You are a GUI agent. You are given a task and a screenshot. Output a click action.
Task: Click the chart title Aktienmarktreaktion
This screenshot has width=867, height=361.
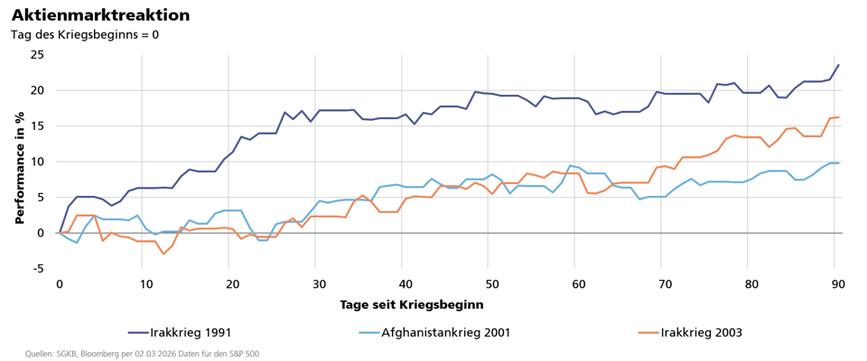(100, 15)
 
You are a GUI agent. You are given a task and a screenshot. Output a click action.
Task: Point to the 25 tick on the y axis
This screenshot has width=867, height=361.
(37, 55)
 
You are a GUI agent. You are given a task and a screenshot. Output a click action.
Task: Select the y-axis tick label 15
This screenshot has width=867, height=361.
(37, 126)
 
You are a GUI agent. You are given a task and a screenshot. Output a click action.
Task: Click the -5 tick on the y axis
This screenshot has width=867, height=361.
(37, 268)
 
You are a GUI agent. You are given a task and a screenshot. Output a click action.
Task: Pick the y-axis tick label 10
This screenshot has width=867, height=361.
(37, 162)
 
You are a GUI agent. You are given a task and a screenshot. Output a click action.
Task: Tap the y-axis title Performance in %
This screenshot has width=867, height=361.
(20, 164)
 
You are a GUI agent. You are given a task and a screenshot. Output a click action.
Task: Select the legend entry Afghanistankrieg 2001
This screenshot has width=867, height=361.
(445, 333)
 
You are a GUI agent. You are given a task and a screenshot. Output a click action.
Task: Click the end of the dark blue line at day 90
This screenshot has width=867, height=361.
(838, 65)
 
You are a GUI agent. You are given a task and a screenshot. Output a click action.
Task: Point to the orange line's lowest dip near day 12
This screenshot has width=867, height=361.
(163, 254)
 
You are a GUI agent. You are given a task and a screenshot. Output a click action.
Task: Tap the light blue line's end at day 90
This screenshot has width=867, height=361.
(838, 162)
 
